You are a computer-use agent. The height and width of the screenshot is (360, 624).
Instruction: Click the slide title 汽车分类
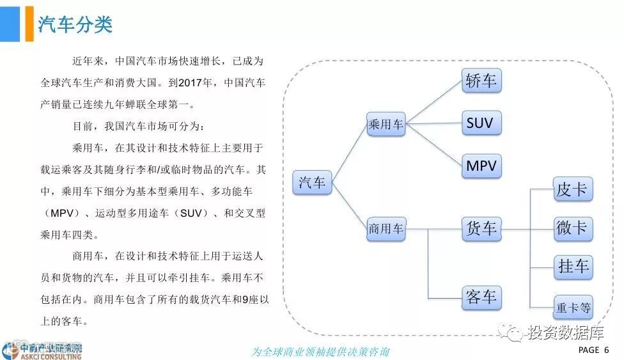coord(75,24)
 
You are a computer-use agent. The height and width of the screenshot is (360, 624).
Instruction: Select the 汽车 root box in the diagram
coord(313,183)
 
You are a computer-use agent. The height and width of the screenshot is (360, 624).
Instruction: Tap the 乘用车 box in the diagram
coord(386,124)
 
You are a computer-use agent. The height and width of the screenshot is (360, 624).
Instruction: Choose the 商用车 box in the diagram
coord(386,228)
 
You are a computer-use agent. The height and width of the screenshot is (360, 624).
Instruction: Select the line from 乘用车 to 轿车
coord(434,102)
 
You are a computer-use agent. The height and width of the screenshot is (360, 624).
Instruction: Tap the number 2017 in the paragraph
coord(190,82)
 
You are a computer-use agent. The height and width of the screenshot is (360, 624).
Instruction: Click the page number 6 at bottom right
coord(606,350)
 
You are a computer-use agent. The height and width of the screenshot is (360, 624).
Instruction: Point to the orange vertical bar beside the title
coord(29,24)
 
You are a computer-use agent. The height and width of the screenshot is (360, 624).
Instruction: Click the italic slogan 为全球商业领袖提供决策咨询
coord(320,352)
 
